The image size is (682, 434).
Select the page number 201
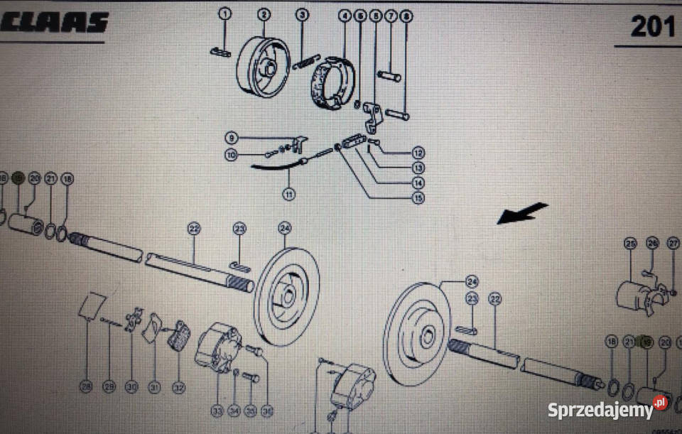click(x=653, y=26)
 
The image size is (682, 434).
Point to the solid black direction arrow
click(x=523, y=213)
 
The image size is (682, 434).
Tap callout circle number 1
click(x=225, y=14)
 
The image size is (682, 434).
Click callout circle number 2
click(x=264, y=14)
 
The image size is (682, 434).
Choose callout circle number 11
click(x=288, y=193)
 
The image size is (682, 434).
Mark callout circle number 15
click(x=418, y=198)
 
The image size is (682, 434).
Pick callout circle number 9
click(x=231, y=137)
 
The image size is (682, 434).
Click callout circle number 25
click(x=629, y=244)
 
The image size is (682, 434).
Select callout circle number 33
click(x=217, y=410)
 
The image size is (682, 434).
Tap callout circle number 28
click(x=86, y=387)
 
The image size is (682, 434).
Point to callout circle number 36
click(x=268, y=410)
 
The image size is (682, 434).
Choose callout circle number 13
click(x=418, y=168)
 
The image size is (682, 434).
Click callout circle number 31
click(x=154, y=387)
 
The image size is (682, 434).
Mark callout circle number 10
click(x=231, y=154)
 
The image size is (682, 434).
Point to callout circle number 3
click(x=302, y=14)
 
